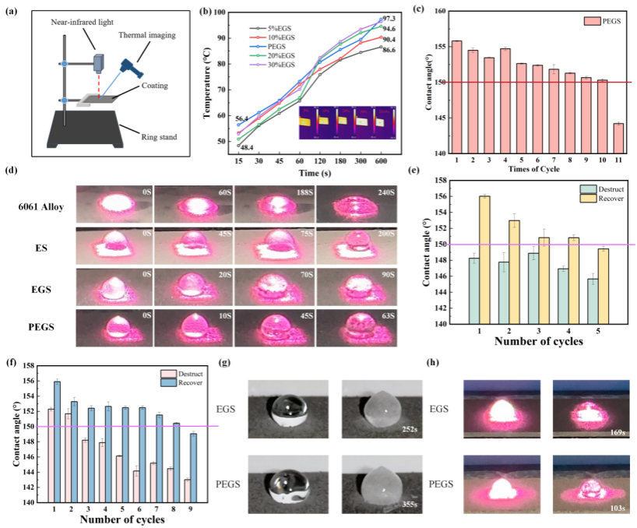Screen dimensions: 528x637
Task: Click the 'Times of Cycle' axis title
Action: [531, 169]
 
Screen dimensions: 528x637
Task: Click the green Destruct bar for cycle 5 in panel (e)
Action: [592, 301]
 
